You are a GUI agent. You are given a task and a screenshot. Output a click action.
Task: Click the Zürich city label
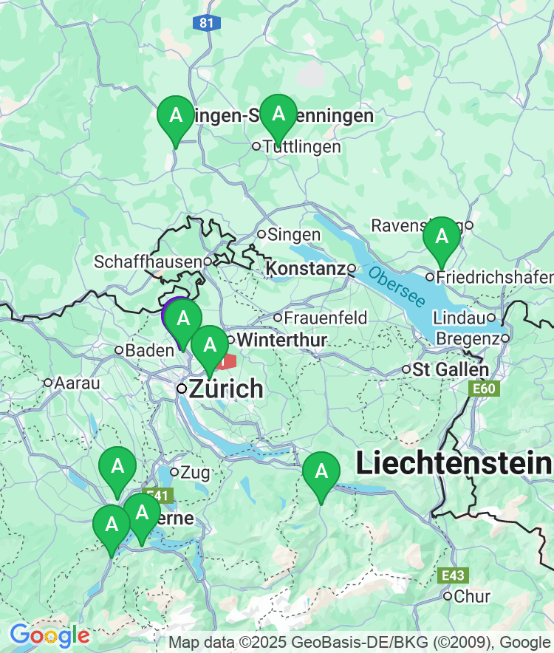click(226, 389)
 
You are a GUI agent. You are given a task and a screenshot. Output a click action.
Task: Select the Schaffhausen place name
click(148, 262)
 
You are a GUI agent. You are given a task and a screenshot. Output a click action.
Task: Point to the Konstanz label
click(306, 268)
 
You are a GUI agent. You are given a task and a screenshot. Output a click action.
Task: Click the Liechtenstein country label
click(454, 464)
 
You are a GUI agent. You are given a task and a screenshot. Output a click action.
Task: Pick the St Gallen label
click(451, 369)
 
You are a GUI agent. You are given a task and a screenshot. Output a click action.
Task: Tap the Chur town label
click(472, 597)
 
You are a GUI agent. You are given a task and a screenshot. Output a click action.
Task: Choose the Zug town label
click(195, 472)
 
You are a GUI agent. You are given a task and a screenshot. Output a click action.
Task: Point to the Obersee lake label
click(397, 287)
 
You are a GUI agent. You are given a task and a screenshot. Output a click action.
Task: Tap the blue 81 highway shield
click(206, 23)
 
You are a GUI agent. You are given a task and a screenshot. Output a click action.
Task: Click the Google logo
click(49, 635)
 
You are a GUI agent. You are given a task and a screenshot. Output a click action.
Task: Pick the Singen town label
click(293, 235)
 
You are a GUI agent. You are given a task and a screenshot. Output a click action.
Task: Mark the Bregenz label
click(468, 338)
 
